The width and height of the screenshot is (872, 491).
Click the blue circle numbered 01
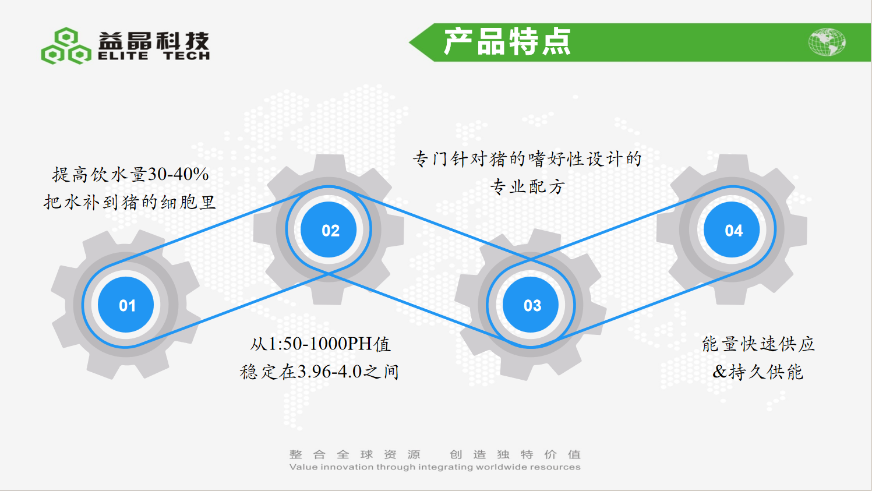click(126, 305)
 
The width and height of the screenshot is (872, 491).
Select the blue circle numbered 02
click(329, 229)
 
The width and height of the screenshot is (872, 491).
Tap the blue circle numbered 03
click(531, 305)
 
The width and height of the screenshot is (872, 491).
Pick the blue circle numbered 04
click(732, 229)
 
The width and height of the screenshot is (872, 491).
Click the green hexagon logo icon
click(66, 46)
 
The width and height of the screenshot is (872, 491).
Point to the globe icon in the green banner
click(827, 42)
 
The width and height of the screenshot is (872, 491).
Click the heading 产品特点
click(507, 42)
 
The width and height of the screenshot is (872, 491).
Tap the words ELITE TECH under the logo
click(154, 56)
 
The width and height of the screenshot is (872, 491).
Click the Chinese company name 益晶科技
click(154, 41)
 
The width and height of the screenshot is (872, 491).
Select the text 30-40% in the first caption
click(178, 174)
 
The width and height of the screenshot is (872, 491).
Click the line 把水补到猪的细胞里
click(130, 202)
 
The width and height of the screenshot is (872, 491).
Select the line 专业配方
click(528, 187)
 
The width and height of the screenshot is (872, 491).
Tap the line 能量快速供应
click(758, 344)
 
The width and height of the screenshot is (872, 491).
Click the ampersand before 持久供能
click(720, 372)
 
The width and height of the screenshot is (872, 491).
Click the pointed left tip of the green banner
click(409, 43)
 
